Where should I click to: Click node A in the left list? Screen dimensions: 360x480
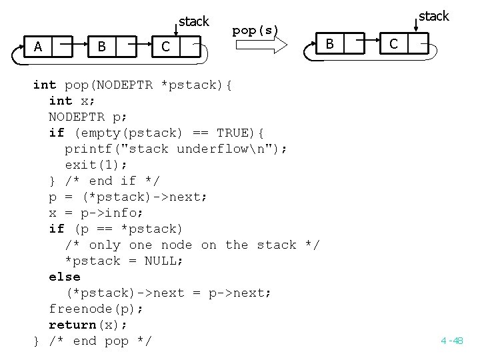pyautogui.click(x=38, y=46)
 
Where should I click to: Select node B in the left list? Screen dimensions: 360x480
pyautogui.click(x=101, y=46)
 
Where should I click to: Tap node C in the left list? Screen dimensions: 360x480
pyautogui.click(x=165, y=47)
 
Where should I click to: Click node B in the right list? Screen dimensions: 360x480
pyautogui.click(x=328, y=44)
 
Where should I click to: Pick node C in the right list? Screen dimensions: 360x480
pyautogui.click(x=393, y=44)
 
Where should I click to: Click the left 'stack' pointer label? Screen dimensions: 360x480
pyautogui.click(x=194, y=21)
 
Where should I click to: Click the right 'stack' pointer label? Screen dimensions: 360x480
pyautogui.click(x=434, y=16)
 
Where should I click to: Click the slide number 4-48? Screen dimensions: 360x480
pyautogui.click(x=451, y=341)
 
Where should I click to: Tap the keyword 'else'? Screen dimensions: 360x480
pyautogui.click(x=64, y=277)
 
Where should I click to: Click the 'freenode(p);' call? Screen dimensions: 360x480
pyautogui.click(x=96, y=309)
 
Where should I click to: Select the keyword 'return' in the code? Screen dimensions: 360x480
pyautogui.click(x=72, y=325)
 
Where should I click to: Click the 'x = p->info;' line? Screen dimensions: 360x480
pyautogui.click(x=96, y=213)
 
